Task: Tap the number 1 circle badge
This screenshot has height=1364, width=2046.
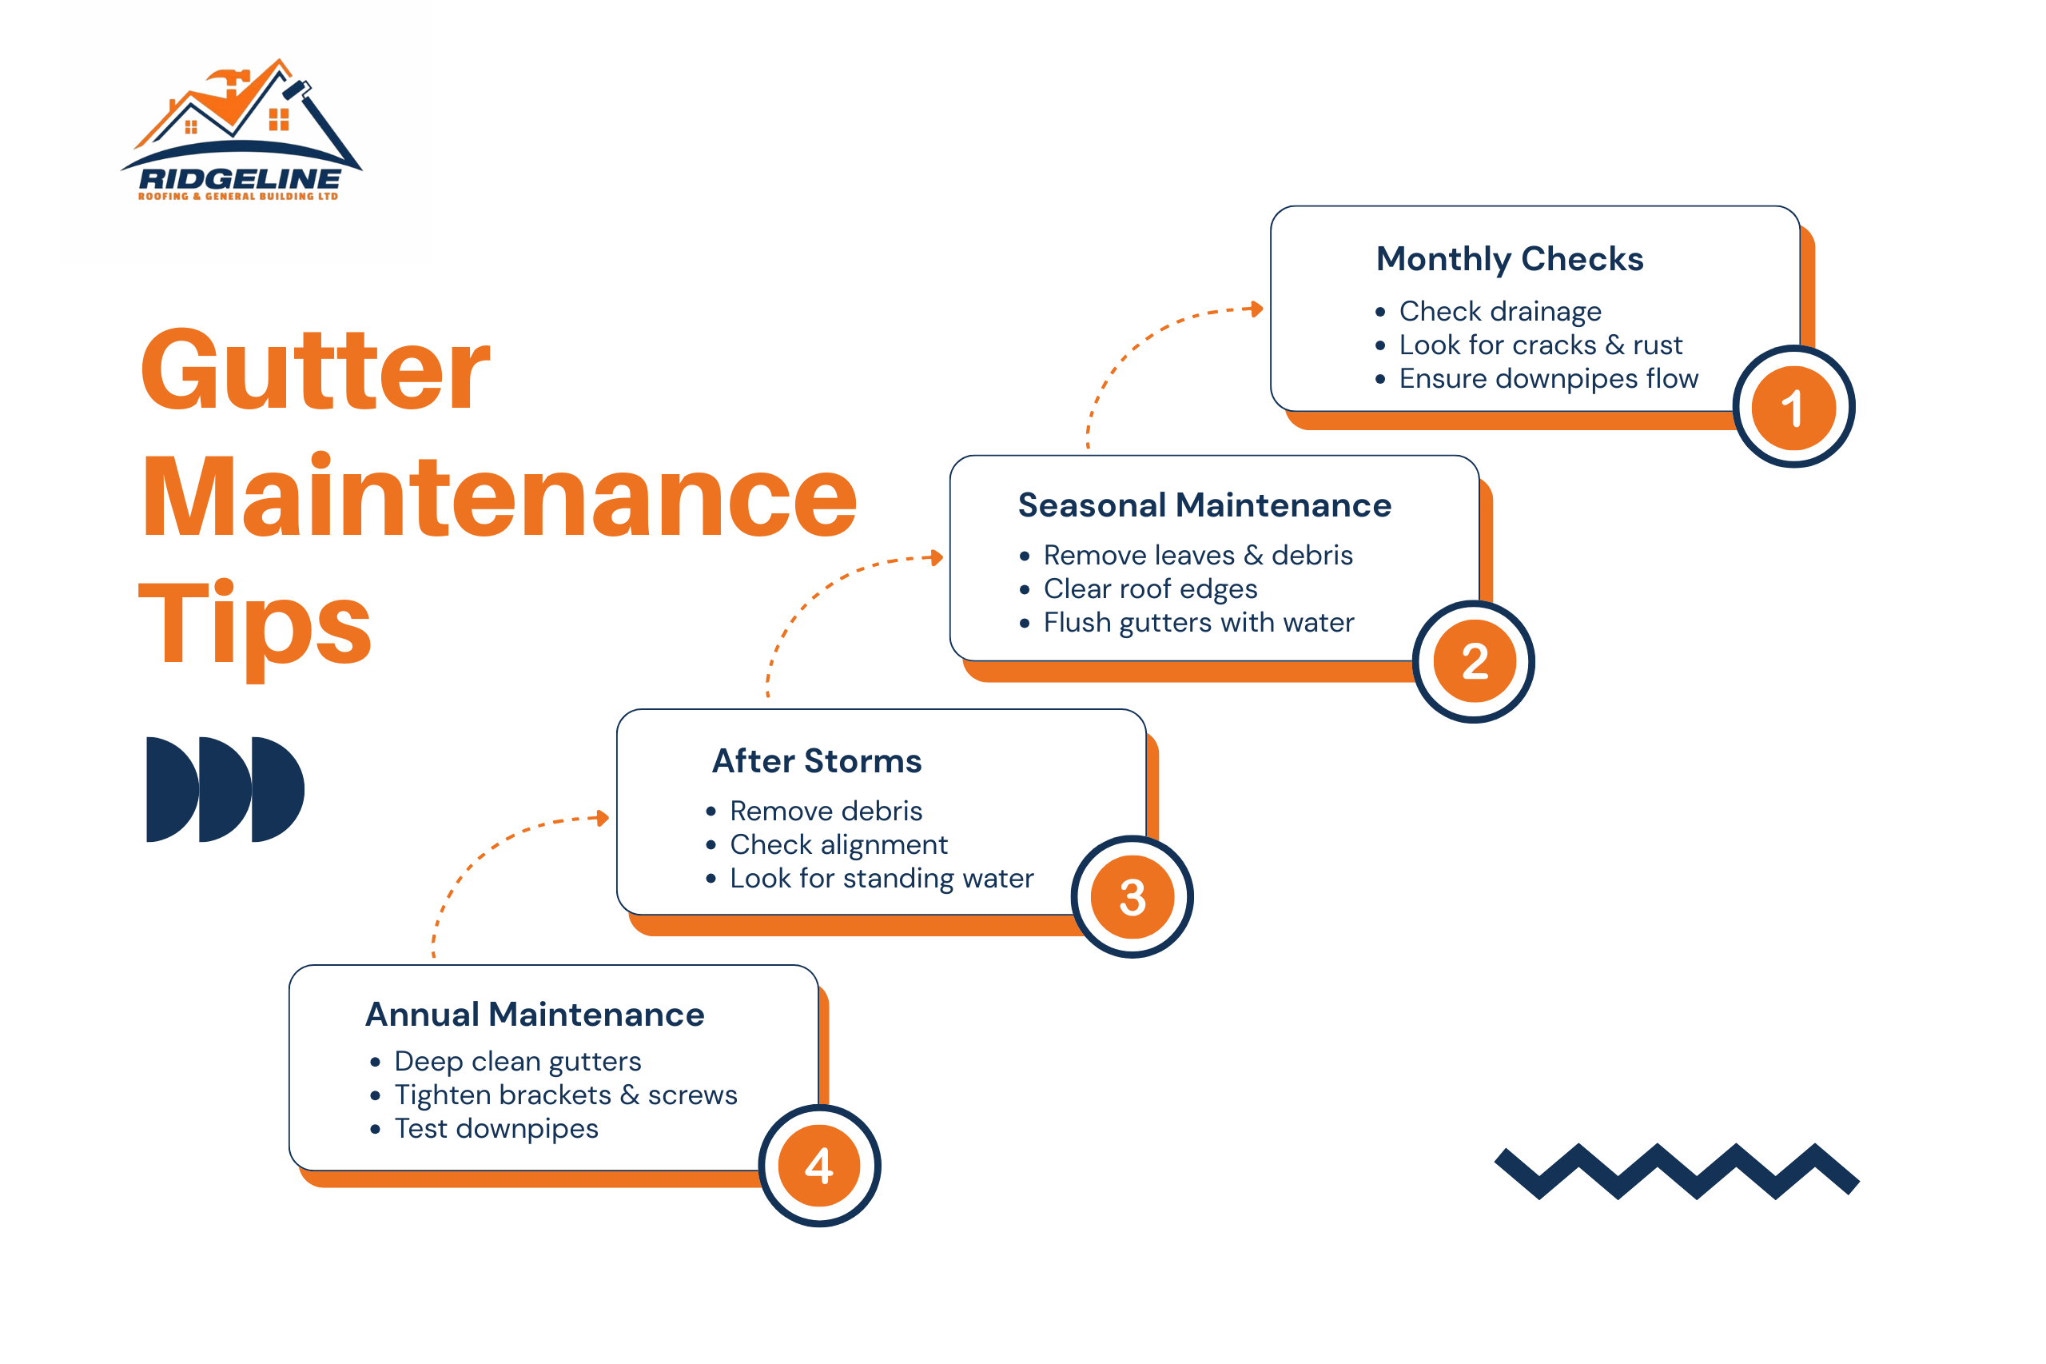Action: [x=1792, y=407]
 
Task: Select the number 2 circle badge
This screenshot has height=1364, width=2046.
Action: [x=1473, y=661]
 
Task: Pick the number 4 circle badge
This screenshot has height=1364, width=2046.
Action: [x=819, y=1166]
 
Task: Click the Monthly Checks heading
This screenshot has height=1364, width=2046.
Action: [x=1509, y=258]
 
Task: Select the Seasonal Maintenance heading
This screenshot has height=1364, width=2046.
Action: [x=1204, y=505]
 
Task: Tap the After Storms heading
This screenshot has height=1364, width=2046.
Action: [x=817, y=760]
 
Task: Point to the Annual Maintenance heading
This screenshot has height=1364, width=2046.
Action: [x=534, y=1015]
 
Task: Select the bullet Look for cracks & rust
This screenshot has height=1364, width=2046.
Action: [x=1540, y=345]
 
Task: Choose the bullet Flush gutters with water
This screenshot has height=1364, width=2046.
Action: [x=1198, y=622]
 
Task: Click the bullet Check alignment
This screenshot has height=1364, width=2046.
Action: [x=838, y=844]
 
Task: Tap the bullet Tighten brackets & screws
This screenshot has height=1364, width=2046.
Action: [x=565, y=1095]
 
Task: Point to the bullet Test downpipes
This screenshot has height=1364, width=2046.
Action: [x=496, y=1128]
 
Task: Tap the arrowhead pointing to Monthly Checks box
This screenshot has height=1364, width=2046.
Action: [x=1255, y=309]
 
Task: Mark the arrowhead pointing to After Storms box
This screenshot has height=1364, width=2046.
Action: [x=602, y=817]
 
